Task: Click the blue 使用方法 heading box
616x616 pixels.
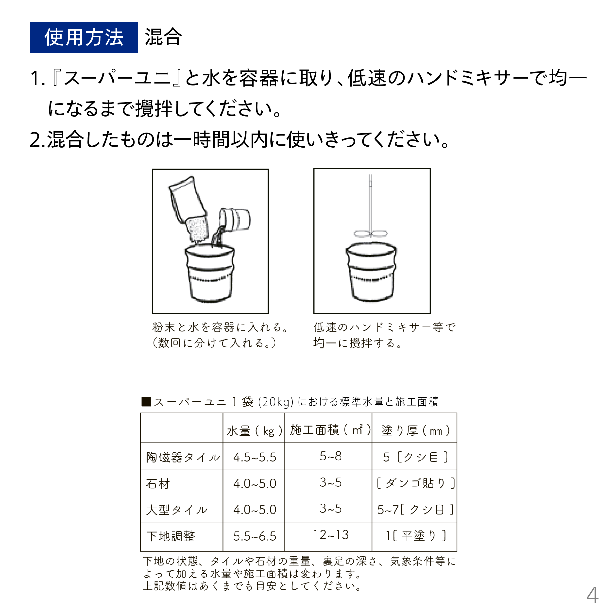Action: [84, 37]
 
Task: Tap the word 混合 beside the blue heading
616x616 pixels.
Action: [163, 37]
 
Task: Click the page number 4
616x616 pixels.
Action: [592, 595]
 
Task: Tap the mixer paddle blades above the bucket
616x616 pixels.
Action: [371, 234]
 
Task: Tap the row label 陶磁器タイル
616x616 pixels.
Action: [183, 457]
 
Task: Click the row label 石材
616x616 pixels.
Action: [158, 484]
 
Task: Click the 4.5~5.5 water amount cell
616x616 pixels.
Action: [255, 457]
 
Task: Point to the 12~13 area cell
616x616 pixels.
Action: [331, 535]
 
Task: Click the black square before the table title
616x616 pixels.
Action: [146, 401]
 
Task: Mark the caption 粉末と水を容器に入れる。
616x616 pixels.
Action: [220, 327]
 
